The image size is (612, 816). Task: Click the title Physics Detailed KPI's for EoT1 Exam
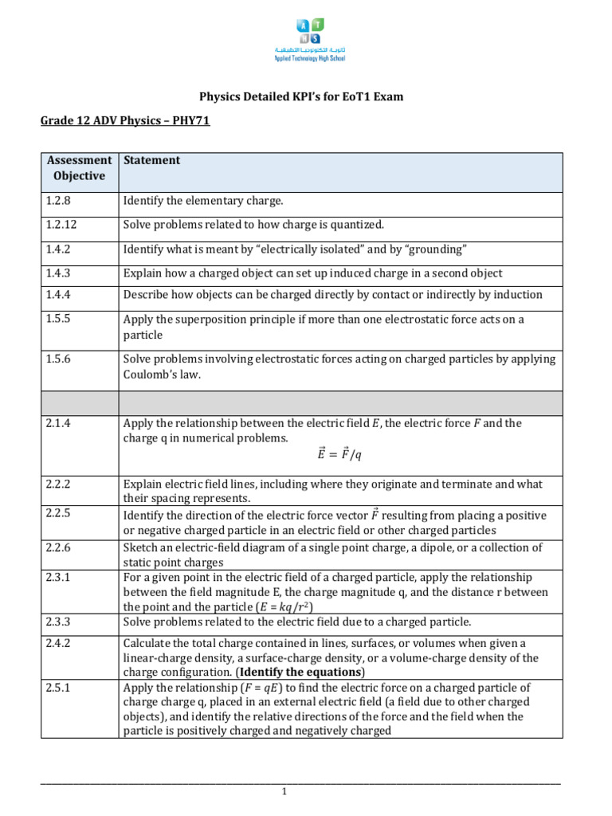tap(301, 96)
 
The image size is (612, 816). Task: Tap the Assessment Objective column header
tap(79, 168)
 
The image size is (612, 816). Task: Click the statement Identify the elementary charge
tap(202, 202)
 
